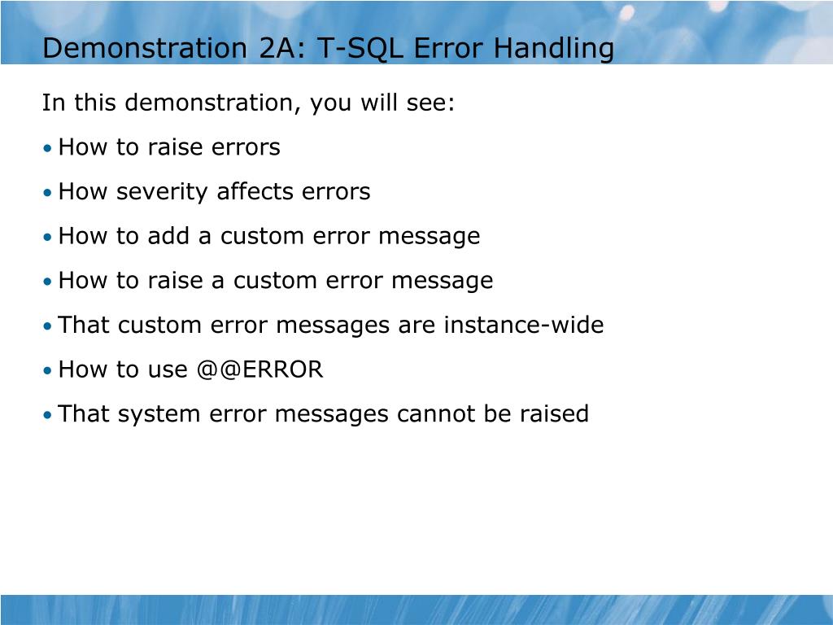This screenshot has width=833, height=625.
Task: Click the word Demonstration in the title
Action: (142, 48)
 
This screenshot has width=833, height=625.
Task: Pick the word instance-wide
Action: (523, 326)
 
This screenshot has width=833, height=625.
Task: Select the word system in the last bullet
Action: (159, 415)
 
